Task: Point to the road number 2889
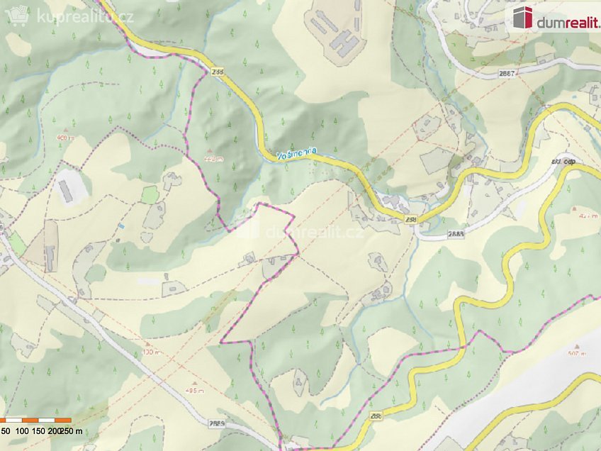[217, 423]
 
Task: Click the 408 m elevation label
[65, 138]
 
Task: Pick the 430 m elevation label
[147, 352]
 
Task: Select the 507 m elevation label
[578, 352]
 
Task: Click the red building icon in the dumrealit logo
[523, 17]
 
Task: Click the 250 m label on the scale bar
[71, 430]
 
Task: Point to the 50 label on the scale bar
[5, 430]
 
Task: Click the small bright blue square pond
[121, 226]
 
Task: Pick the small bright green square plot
[150, 194]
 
